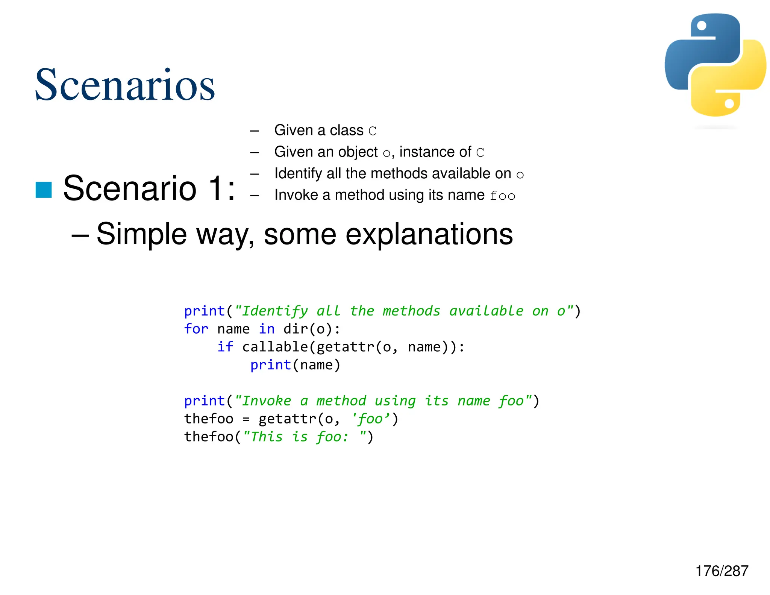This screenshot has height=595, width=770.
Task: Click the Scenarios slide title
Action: click(x=125, y=85)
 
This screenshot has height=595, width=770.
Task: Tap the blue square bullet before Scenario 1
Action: click(x=44, y=190)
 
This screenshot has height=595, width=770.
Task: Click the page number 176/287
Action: click(x=721, y=571)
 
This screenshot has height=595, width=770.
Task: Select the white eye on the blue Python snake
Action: click(x=702, y=26)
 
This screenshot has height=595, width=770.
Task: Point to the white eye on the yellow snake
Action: click(x=729, y=103)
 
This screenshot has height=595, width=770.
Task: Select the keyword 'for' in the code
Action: click(x=196, y=329)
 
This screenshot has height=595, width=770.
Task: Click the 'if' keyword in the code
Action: click(x=225, y=347)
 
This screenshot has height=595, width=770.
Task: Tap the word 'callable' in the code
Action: click(x=275, y=347)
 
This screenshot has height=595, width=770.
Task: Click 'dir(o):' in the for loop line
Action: click(x=312, y=329)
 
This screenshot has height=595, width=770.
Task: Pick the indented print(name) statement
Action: click(x=295, y=365)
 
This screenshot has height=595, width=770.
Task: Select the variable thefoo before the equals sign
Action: click(x=209, y=419)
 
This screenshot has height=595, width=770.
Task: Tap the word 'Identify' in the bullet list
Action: click(x=298, y=174)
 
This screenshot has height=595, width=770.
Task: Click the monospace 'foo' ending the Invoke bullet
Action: click(x=502, y=196)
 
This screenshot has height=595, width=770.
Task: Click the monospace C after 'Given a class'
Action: click(x=372, y=131)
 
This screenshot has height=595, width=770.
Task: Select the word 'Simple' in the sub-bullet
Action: click(x=142, y=234)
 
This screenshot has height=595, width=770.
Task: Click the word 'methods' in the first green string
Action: click(x=411, y=311)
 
